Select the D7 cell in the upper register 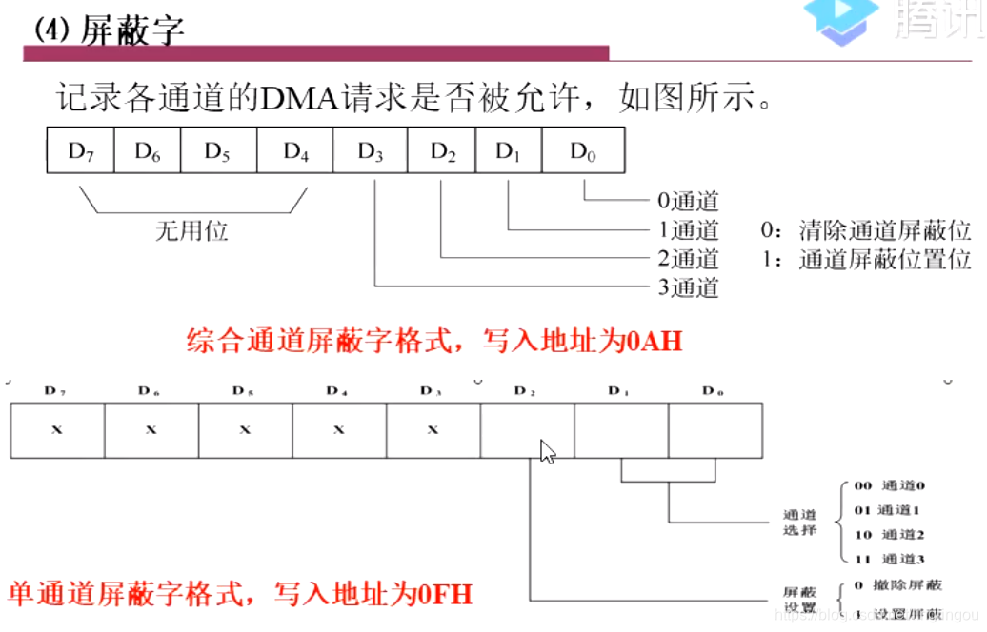point(80,150)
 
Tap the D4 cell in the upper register point(294,150)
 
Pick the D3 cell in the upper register point(371,150)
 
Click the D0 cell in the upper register point(583,150)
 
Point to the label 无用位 point(191,230)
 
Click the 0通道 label point(688,201)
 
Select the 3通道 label point(688,287)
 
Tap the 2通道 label point(688,259)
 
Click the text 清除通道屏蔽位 point(884,230)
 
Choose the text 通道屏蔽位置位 point(884,259)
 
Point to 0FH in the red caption point(445,596)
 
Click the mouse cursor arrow point(547,450)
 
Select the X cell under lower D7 point(56,430)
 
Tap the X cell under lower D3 point(433,430)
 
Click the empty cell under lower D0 point(715,430)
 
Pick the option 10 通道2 point(890,535)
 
